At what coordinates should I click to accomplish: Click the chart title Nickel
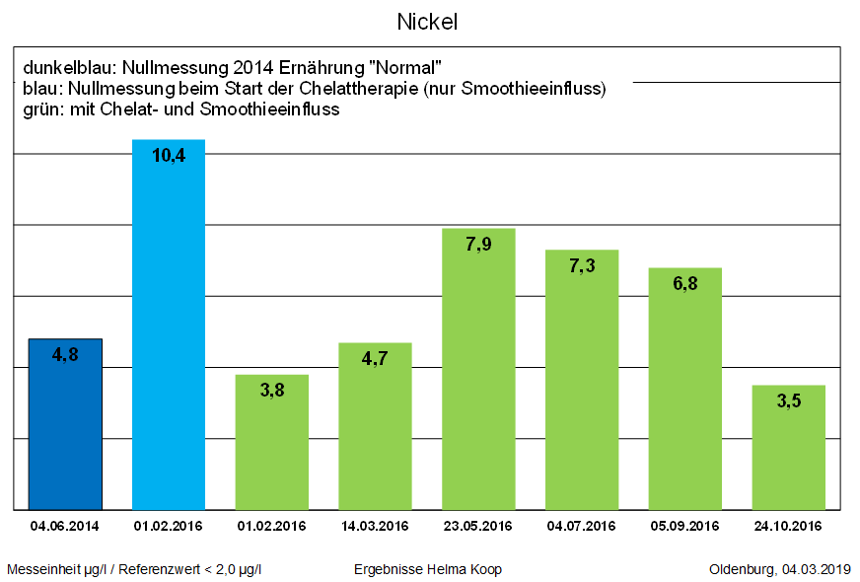[x=428, y=21]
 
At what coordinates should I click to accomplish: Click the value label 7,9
[x=478, y=244]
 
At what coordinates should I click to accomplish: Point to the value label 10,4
[x=169, y=155]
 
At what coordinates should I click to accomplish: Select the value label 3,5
[x=788, y=400]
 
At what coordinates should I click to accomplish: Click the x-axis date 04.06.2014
[x=65, y=526]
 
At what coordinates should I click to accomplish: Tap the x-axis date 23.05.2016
[x=478, y=526]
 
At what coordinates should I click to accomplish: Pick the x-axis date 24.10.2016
[x=788, y=526]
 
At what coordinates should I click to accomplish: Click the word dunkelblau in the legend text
[x=64, y=68]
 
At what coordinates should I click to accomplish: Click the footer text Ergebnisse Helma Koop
[x=427, y=569]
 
